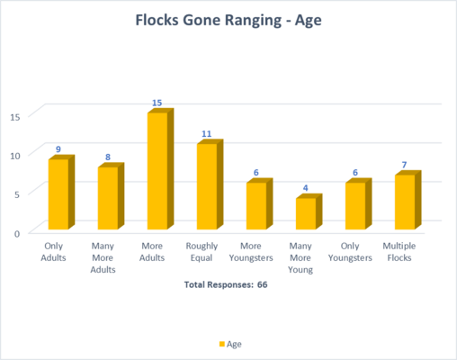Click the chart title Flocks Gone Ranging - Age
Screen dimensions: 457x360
[x=228, y=21]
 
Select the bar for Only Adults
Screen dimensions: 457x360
[x=61, y=193]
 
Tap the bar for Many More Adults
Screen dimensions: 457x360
[x=111, y=196]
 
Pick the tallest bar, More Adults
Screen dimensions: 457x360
[x=160, y=169]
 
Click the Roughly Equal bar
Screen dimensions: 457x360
[x=210, y=184]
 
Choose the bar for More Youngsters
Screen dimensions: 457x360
[x=259, y=204]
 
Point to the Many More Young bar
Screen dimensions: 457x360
[x=309, y=211]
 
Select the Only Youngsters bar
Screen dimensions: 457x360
[x=358, y=204]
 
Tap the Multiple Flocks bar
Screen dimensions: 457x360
[x=408, y=200]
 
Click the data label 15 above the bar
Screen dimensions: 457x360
[x=157, y=103]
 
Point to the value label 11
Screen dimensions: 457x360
[x=206, y=134]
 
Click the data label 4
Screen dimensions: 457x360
[x=305, y=188]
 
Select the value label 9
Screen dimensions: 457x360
[x=58, y=149]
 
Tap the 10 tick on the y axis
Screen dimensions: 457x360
[x=15, y=156]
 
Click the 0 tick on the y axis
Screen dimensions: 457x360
[x=17, y=233]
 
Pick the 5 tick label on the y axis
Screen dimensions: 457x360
[x=17, y=194]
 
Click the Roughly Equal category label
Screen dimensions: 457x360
[x=202, y=252]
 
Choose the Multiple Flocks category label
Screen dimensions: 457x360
[x=399, y=252]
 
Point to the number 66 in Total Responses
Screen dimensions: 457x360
[x=262, y=284]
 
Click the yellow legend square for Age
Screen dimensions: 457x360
[x=222, y=344]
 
